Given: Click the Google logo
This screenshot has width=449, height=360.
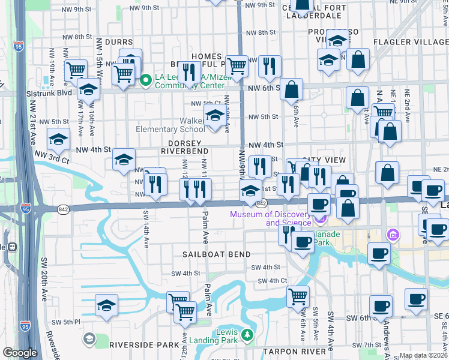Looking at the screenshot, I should [20, 353].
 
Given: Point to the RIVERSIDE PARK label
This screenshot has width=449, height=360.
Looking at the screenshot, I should [136, 345].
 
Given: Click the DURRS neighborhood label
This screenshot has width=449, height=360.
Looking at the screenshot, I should [118, 42].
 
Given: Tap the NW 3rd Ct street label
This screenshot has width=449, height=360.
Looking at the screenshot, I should [53, 157].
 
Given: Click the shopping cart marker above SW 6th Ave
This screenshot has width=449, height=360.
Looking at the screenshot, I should [298, 296].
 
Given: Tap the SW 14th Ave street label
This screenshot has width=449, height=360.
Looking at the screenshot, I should [146, 228].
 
